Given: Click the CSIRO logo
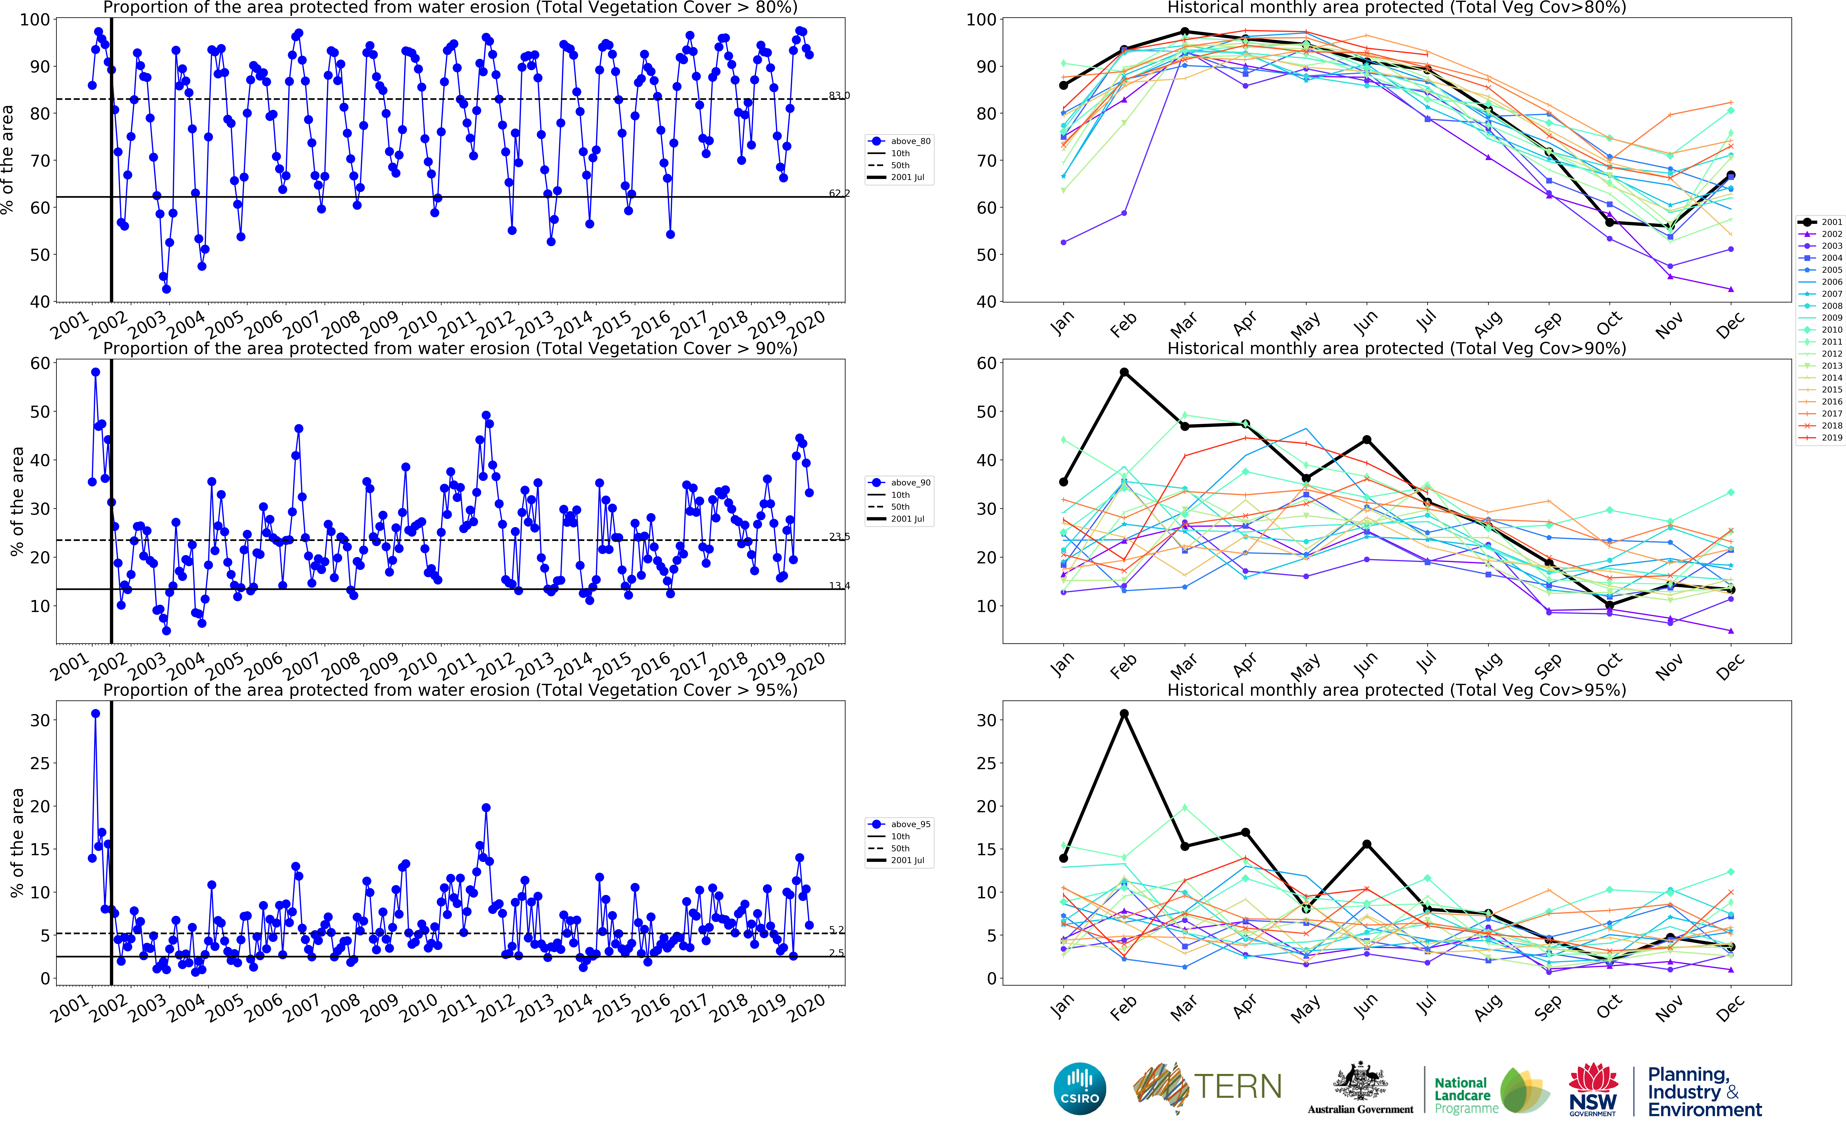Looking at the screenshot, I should tap(1080, 1088).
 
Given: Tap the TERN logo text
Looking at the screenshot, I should tap(1238, 1087).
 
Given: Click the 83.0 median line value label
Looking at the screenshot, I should tap(839, 96).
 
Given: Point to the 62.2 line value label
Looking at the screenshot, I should tap(839, 193).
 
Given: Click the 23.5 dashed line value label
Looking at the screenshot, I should tap(839, 536).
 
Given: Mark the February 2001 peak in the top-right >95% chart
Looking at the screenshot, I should tap(1124, 714).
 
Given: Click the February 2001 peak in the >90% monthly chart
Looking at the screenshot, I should tap(1124, 372).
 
